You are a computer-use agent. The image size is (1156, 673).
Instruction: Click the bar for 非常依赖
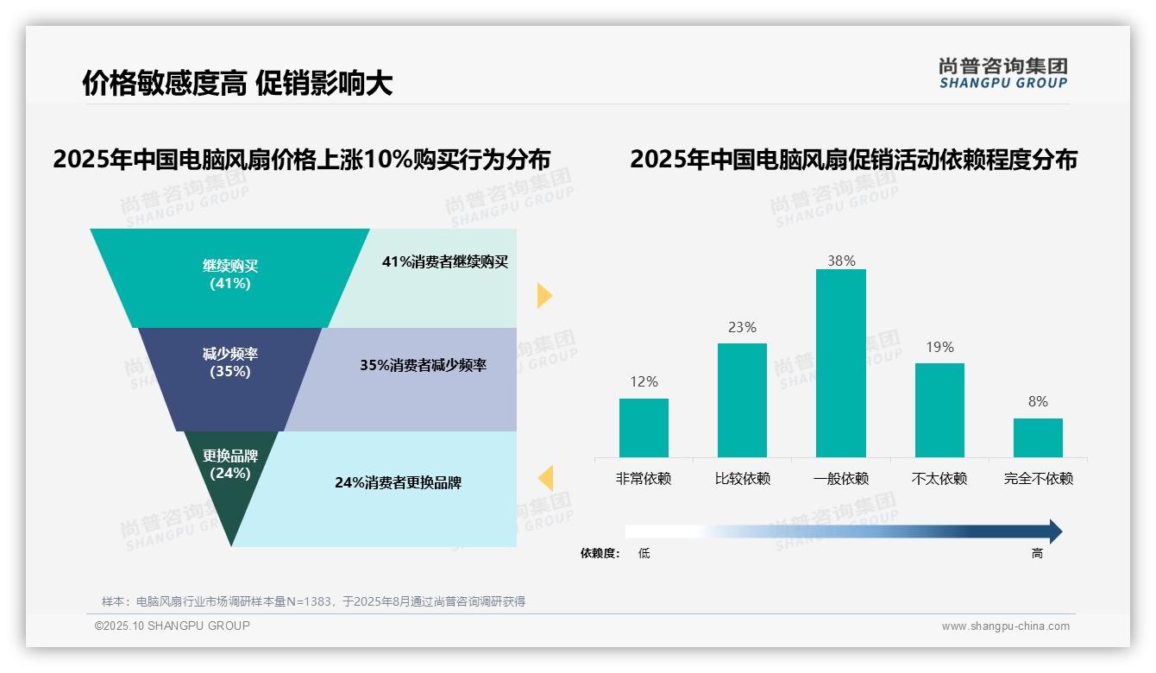pyautogui.click(x=644, y=428)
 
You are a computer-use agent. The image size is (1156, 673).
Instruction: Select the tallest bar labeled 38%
pyautogui.click(x=840, y=363)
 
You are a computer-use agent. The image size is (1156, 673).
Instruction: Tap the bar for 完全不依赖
pyautogui.click(x=1038, y=437)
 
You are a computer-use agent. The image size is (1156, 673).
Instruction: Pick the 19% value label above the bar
pyautogui.click(x=939, y=348)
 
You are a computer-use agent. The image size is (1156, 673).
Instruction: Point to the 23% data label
pyautogui.click(x=742, y=328)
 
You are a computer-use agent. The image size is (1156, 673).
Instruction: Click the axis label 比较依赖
pyautogui.click(x=742, y=479)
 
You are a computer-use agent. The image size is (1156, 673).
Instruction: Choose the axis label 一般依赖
pyautogui.click(x=840, y=479)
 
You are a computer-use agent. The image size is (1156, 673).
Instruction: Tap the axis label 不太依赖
pyautogui.click(x=939, y=479)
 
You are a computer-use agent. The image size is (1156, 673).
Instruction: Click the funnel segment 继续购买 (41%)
pyautogui.click(x=230, y=274)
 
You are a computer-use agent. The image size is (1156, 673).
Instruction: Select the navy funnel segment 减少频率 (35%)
pyautogui.click(x=230, y=363)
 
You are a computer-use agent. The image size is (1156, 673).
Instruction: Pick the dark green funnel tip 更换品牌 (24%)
pyautogui.click(x=230, y=466)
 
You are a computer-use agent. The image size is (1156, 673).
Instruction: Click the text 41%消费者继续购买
pyautogui.click(x=445, y=262)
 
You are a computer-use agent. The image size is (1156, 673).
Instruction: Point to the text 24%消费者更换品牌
pyautogui.click(x=398, y=483)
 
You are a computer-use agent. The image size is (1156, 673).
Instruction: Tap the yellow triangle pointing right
pyautogui.click(x=543, y=295)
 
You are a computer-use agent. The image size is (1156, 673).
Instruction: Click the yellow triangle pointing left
pyautogui.click(x=545, y=478)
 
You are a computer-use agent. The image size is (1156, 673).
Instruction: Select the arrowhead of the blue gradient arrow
pyautogui.click(x=1054, y=531)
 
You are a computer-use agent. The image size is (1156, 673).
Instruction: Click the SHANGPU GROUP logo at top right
pyautogui.click(x=1002, y=73)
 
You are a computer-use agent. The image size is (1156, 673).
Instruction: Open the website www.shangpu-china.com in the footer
pyautogui.click(x=1005, y=626)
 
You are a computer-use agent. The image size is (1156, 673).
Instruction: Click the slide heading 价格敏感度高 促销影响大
pyautogui.click(x=237, y=84)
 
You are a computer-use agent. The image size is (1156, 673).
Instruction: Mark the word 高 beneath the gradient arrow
pyautogui.click(x=1037, y=554)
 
